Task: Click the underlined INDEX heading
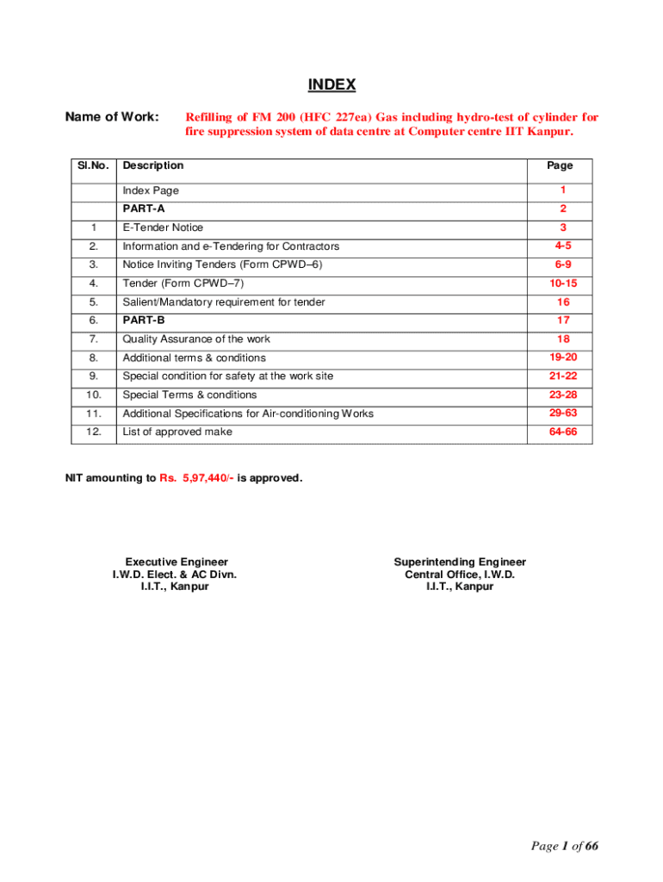(x=331, y=84)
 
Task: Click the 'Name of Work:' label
(x=112, y=116)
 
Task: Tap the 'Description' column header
(x=153, y=165)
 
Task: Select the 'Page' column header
(x=560, y=165)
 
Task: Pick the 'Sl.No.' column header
(x=92, y=165)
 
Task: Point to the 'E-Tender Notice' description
(x=163, y=227)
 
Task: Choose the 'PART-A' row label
(x=144, y=209)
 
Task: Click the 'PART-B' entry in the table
(x=144, y=320)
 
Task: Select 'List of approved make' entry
(x=177, y=432)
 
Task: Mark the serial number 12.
(x=93, y=432)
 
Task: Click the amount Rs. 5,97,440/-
(x=195, y=477)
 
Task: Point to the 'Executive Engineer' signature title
(x=177, y=562)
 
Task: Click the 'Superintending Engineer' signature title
(x=460, y=562)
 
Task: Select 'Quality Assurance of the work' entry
(x=196, y=339)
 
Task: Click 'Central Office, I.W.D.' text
(x=460, y=575)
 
